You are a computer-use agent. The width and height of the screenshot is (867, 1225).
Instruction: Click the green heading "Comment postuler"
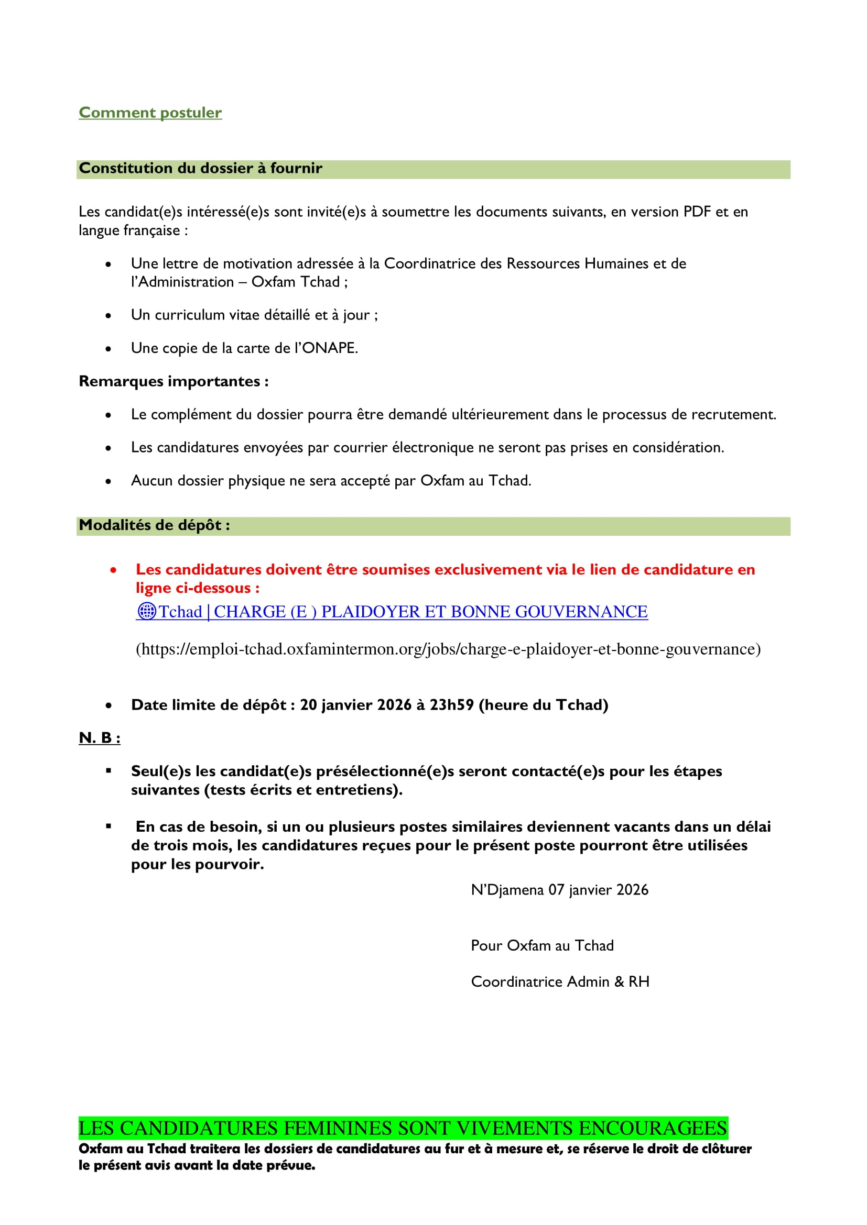(150, 113)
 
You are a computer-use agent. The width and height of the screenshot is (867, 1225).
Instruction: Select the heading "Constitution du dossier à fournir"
(200, 168)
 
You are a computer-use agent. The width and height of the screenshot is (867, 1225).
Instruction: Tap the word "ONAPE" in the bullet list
(329, 348)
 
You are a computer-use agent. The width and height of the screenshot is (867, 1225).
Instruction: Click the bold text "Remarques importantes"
(169, 381)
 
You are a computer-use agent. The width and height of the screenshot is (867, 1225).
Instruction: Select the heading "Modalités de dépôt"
(151, 525)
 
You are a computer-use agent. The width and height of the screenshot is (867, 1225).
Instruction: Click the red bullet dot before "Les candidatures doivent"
(113, 570)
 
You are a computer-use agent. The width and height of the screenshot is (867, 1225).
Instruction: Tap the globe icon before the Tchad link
(146, 611)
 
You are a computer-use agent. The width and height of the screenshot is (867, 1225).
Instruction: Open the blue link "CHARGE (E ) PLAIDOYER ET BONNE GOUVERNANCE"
(430, 611)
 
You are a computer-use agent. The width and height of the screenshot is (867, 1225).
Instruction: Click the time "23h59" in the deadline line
(452, 705)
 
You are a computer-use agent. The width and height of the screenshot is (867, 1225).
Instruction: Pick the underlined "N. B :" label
(99, 738)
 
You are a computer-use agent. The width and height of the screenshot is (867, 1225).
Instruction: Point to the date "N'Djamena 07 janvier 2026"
(559, 889)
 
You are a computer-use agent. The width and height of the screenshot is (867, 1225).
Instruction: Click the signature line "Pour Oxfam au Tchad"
(542, 945)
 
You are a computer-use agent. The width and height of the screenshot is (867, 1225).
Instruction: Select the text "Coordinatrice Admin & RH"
(559, 981)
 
